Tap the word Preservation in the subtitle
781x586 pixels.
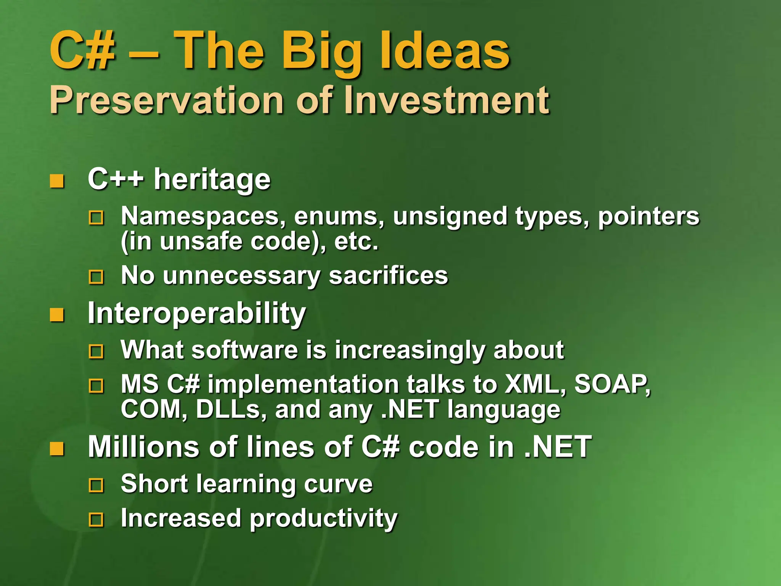click(x=166, y=100)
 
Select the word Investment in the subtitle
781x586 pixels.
click(x=446, y=100)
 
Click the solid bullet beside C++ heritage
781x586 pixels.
click(x=57, y=181)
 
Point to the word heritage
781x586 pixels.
click(x=212, y=179)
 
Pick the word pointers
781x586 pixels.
click(x=648, y=216)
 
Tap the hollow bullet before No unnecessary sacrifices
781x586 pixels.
click(x=96, y=277)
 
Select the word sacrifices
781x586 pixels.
click(x=388, y=275)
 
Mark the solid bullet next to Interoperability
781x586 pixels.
click(x=57, y=315)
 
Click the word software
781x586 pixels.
click(x=244, y=349)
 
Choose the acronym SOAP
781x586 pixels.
click(x=612, y=384)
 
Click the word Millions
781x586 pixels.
click(x=143, y=447)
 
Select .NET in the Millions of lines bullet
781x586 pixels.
click(x=558, y=447)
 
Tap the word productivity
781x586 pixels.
click(x=323, y=519)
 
